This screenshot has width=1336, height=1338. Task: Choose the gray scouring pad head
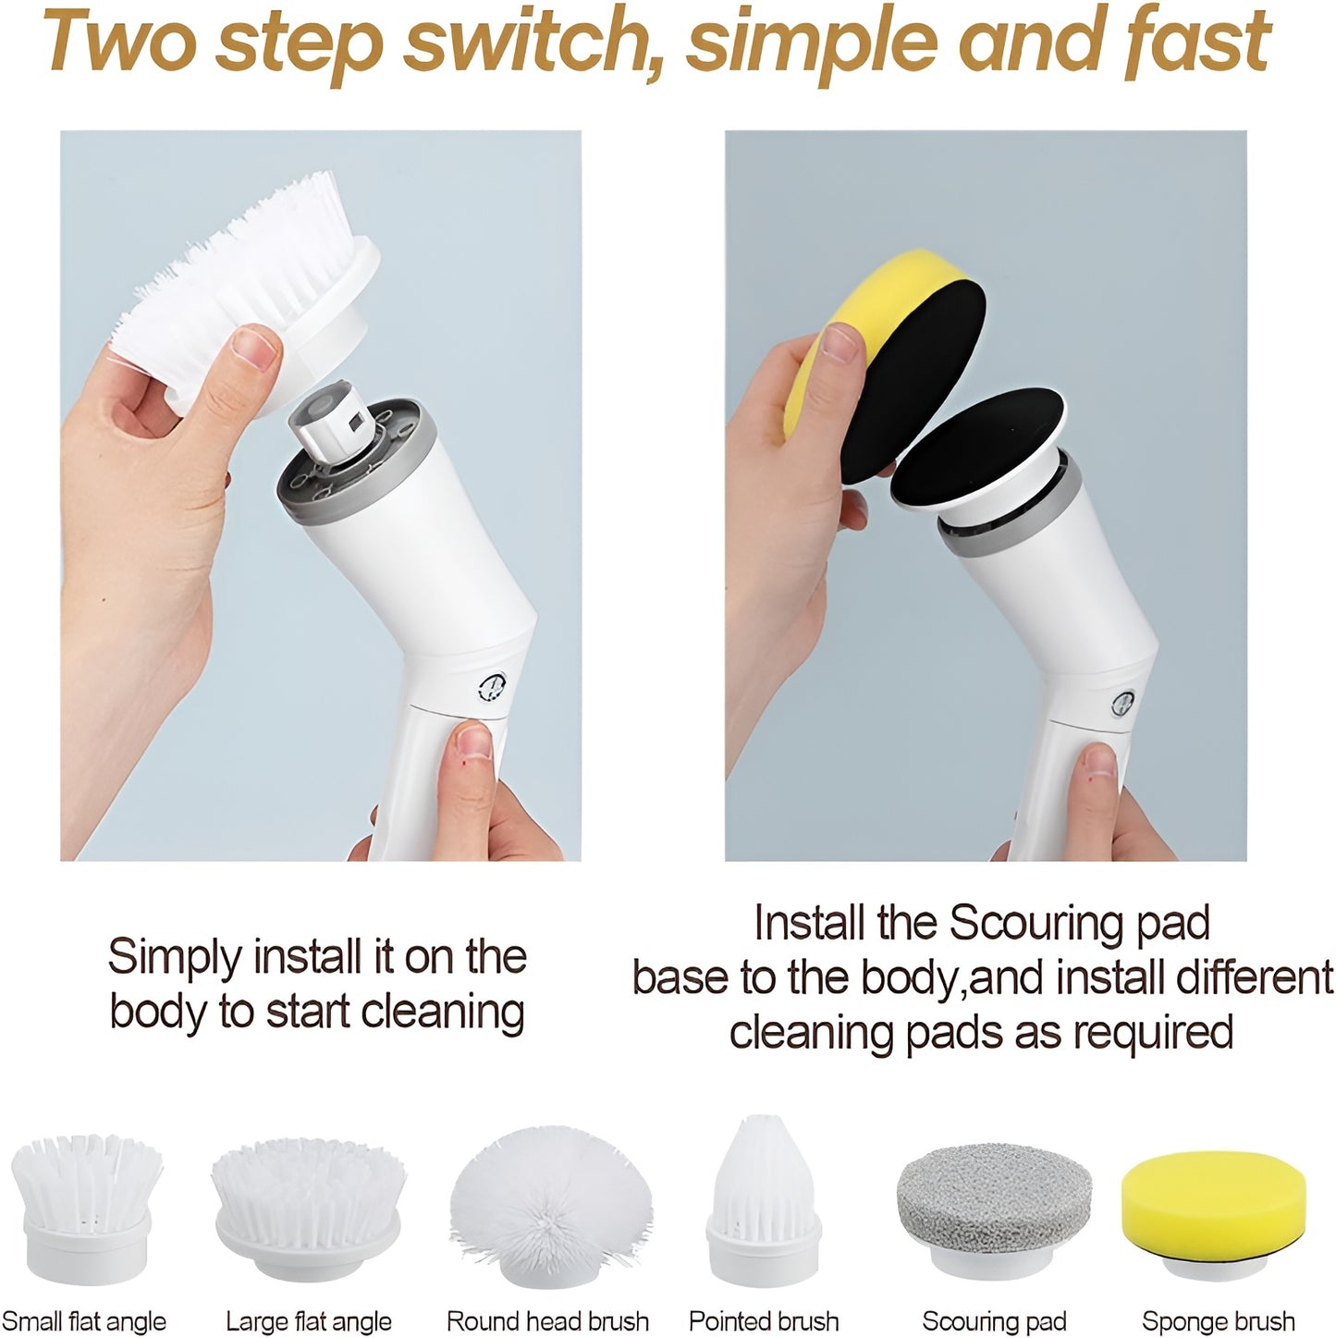coord(994,1209)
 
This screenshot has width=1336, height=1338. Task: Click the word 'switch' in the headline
coord(533,43)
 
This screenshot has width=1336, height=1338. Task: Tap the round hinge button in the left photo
coord(492,688)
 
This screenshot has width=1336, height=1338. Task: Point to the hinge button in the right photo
coord(1122,704)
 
